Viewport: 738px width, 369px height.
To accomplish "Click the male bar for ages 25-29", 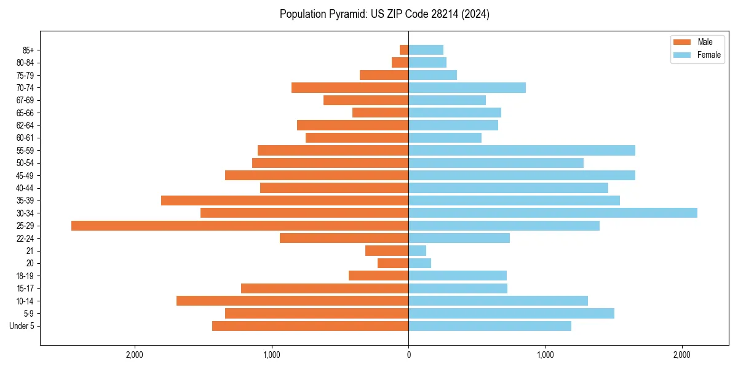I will pyautogui.click(x=240, y=226).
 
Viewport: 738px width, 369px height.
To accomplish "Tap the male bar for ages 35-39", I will pyautogui.click(x=285, y=200).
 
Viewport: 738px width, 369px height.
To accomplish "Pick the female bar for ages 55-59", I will pyautogui.click(x=522, y=150).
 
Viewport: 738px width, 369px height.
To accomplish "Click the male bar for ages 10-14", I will pyautogui.click(x=292, y=301).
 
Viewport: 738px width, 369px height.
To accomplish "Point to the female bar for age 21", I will pyautogui.click(x=418, y=251).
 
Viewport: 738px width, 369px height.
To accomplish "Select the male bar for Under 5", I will pyautogui.click(x=310, y=326).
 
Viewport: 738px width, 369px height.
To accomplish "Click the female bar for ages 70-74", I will pyautogui.click(x=467, y=87).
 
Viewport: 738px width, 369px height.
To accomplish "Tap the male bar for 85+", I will pyautogui.click(x=404, y=50).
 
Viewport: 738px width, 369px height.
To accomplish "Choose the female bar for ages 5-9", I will pyautogui.click(x=511, y=314).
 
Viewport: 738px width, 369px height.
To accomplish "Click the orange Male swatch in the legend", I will pyautogui.click(x=682, y=42).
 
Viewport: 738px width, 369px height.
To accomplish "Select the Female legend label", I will pyautogui.click(x=708, y=55).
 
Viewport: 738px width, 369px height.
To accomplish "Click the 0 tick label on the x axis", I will pyautogui.click(x=408, y=355).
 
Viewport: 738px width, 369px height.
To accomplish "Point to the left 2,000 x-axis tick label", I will pyautogui.click(x=134, y=355).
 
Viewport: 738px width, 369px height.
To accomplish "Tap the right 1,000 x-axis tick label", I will pyautogui.click(x=545, y=355).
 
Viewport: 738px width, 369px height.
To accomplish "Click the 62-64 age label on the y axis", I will pyautogui.click(x=25, y=125).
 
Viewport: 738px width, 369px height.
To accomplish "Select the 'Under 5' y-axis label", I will pyautogui.click(x=22, y=326).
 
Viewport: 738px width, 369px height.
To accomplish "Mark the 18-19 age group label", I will pyautogui.click(x=25, y=276).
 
